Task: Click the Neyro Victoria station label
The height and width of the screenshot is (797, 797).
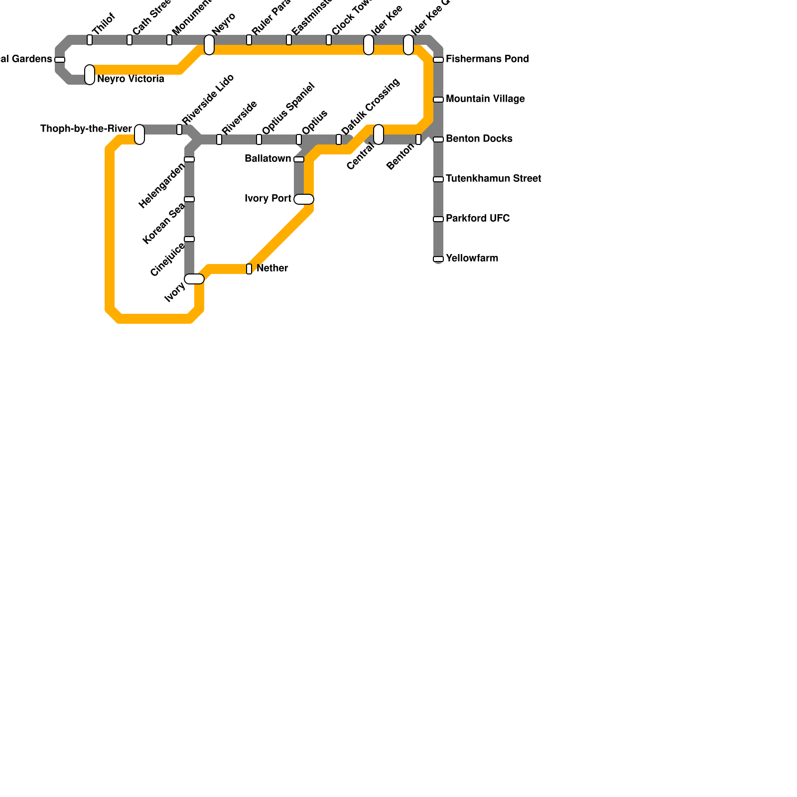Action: [x=131, y=79]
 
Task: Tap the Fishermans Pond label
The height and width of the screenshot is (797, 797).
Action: [x=487, y=59]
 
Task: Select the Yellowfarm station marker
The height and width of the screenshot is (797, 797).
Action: [x=438, y=259]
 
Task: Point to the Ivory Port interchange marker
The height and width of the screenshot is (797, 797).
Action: [x=304, y=199]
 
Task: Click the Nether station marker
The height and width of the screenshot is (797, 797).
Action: [x=249, y=269]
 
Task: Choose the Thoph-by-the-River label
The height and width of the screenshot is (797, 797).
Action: [x=86, y=129]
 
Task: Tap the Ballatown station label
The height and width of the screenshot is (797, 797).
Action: [x=268, y=159]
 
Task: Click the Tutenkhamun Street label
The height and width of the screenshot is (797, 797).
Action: [x=493, y=179]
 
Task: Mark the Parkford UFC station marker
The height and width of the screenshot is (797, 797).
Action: [x=438, y=219]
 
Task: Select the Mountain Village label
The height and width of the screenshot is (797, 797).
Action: [x=485, y=99]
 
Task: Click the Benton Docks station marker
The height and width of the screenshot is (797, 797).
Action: [x=438, y=139]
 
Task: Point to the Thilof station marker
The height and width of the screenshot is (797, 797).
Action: [x=90, y=40]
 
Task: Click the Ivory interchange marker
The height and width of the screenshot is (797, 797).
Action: [x=194, y=279]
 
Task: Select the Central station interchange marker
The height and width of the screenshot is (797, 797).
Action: [x=379, y=134]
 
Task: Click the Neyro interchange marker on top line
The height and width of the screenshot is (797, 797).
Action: [x=209, y=45]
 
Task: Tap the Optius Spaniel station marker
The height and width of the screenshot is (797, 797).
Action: [x=259, y=139]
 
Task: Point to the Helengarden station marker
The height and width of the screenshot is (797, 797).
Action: [x=189, y=159]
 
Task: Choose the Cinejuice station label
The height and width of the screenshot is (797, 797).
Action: [x=167, y=260]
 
